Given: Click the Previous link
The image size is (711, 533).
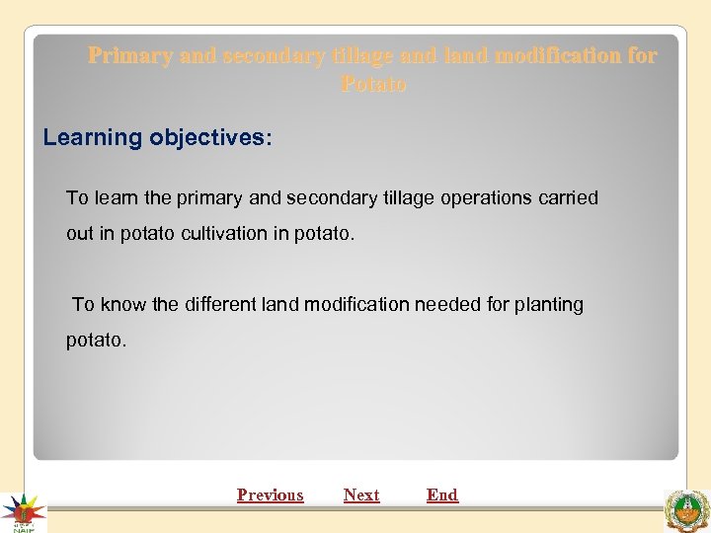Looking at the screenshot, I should click(270, 495).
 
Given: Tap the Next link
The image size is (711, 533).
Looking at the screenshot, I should click(361, 495).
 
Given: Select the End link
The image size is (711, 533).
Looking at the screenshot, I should click(442, 495).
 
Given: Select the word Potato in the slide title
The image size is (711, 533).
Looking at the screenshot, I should click(373, 84).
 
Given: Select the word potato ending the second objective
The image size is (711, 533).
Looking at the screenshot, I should click(95, 341).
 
